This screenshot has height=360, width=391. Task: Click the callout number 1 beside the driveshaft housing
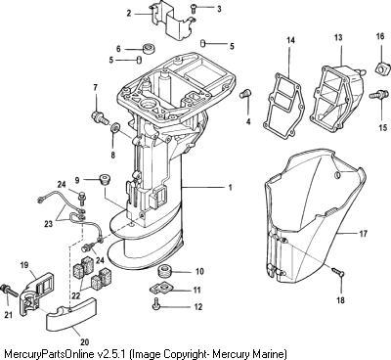231,188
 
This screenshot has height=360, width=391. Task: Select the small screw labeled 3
194,8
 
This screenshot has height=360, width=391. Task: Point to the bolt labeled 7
100,117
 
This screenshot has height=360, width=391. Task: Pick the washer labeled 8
114,127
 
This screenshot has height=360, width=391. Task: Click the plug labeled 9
105,179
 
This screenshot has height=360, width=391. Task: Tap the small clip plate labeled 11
162,289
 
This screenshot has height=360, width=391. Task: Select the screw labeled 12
156,304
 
